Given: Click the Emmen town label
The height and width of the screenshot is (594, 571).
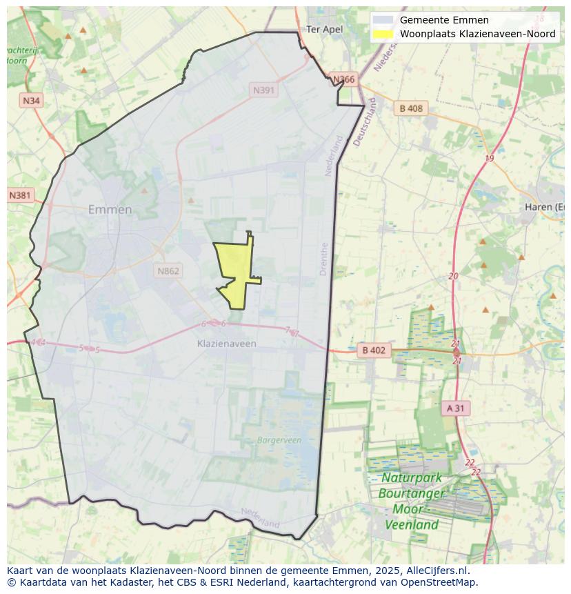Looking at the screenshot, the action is click(x=110, y=210).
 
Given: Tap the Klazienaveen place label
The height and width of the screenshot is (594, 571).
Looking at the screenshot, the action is click(x=226, y=344).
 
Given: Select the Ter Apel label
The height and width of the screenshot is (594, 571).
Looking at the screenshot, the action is click(x=324, y=30).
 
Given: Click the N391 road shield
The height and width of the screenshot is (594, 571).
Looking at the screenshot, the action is click(x=264, y=90).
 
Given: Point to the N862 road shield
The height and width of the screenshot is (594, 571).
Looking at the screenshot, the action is click(x=168, y=271).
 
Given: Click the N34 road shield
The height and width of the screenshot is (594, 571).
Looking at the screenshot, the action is click(x=31, y=101).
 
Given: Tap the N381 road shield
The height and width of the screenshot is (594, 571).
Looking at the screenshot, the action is click(x=20, y=195).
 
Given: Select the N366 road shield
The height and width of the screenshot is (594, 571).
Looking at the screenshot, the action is click(x=343, y=79).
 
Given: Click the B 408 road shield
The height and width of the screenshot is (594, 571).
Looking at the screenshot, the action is click(x=410, y=108).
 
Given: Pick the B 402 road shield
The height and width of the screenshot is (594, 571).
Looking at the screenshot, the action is click(x=374, y=350).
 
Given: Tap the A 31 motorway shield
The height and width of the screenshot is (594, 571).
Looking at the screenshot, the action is click(x=455, y=408).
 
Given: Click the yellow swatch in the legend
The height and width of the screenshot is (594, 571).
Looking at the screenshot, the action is click(x=384, y=34).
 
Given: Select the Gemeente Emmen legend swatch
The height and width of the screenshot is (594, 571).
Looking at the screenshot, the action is click(x=384, y=20).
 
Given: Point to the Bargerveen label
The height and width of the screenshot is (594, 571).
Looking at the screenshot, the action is click(x=279, y=439).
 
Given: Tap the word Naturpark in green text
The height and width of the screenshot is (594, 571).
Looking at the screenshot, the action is click(x=412, y=477).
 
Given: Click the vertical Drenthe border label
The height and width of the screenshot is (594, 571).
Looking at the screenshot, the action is click(x=324, y=259).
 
